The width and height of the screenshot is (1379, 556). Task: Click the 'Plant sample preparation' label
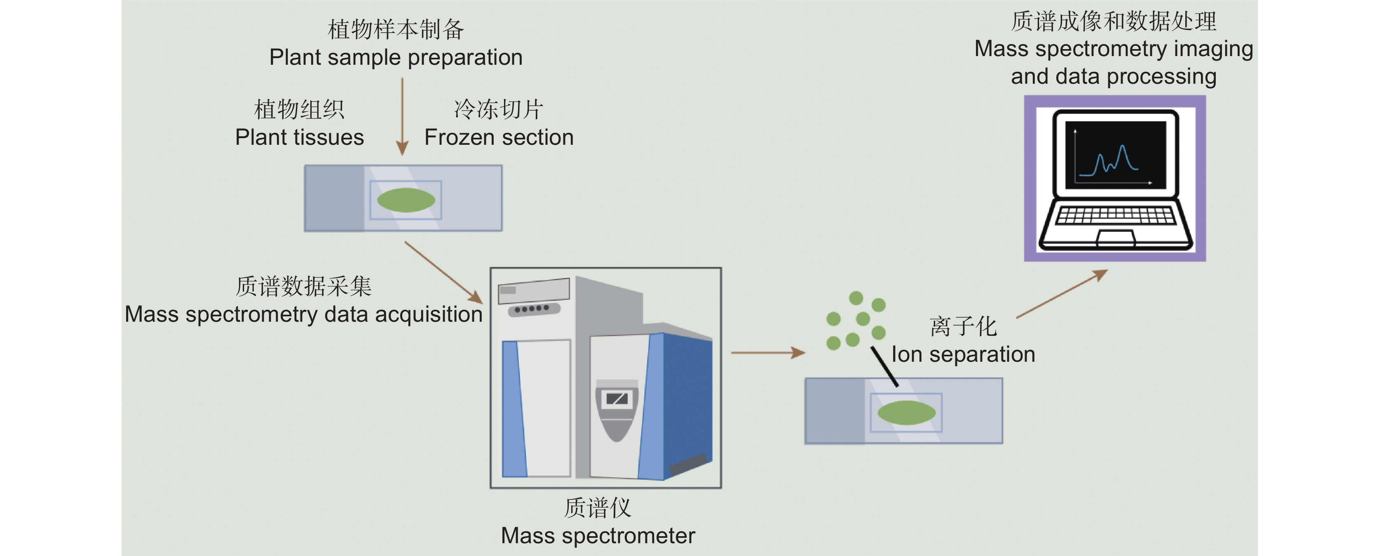[396, 57]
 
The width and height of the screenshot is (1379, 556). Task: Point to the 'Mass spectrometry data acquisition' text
[303, 314]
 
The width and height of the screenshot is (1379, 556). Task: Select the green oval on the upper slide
[406, 200]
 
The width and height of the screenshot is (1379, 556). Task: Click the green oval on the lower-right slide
[906, 412]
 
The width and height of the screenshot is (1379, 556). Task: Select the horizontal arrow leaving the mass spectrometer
[768, 353]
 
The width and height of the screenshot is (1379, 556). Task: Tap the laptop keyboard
[1116, 215]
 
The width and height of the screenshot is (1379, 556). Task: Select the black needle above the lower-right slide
[884, 366]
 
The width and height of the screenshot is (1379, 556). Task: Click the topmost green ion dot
[856, 298]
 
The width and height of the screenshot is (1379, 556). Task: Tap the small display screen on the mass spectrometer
[617, 398]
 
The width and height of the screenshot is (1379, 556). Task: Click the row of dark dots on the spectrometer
[532, 309]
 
